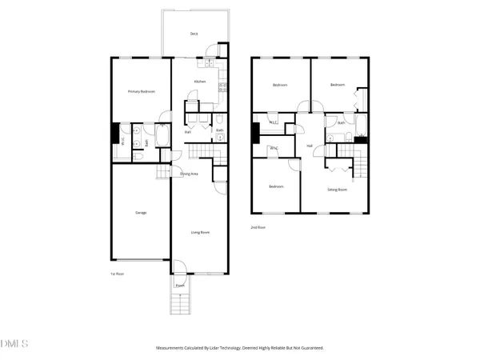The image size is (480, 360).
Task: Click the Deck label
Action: coord(194,34)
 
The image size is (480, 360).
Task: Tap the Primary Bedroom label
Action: coord(142,92)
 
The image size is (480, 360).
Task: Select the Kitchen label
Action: coord(200,82)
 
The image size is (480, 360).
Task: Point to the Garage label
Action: coord(141,212)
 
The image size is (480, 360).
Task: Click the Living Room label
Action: coord(199,232)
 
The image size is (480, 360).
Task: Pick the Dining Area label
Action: coord(189,173)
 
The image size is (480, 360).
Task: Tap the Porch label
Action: coord(180,285)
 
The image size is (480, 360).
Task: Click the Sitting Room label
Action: coord(337,190)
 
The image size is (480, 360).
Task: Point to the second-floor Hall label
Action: coord(309,146)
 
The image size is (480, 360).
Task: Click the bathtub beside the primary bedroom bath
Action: coord(162,137)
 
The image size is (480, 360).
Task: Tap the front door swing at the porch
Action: coord(179,269)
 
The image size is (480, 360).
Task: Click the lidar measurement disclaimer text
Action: coord(239,348)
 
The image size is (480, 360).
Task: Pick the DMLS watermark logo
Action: coord(14,344)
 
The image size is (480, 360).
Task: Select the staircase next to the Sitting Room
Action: coord(362,166)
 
